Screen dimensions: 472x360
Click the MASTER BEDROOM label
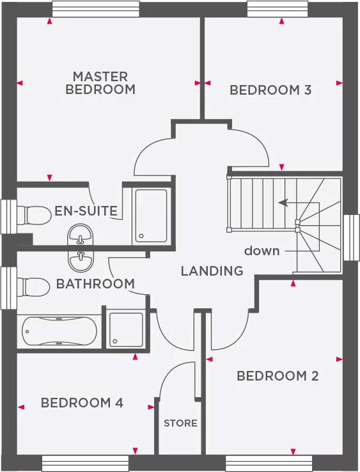[x=100, y=83]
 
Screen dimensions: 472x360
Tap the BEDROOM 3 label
[x=270, y=90]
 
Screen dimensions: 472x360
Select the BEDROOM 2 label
[x=278, y=376]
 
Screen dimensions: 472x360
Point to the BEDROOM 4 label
[x=82, y=403]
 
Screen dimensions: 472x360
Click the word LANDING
[x=212, y=271]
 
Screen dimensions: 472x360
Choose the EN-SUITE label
[x=86, y=210]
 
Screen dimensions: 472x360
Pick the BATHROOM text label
[x=95, y=283]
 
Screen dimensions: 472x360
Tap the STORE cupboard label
[x=180, y=423]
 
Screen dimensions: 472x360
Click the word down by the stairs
[x=262, y=251]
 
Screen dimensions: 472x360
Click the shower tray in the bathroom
[x=126, y=331]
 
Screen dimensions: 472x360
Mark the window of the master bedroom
[x=95, y=8]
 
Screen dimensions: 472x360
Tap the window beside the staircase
[x=351, y=237]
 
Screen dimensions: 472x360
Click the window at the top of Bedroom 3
[x=278, y=8]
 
